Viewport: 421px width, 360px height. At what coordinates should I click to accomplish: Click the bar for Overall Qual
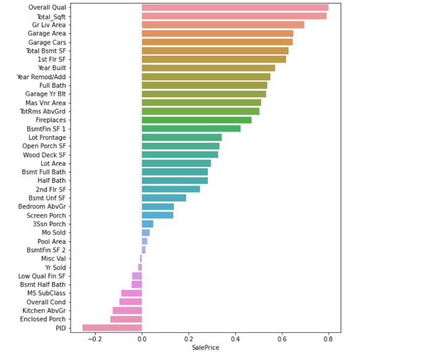click(x=235, y=7)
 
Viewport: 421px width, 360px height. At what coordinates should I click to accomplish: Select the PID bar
click(x=112, y=328)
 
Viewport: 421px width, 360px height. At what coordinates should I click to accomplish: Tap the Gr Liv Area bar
click(x=223, y=25)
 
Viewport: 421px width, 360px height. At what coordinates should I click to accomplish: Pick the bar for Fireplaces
click(x=196, y=120)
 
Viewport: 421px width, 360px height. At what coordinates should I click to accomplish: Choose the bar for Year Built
click(x=208, y=68)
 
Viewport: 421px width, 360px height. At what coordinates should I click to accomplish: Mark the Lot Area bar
click(x=176, y=163)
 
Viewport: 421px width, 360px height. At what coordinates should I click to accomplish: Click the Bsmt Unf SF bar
click(x=163, y=198)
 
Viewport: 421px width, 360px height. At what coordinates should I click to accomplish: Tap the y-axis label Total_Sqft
click(x=51, y=16)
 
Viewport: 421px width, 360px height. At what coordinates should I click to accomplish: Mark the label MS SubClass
click(x=46, y=293)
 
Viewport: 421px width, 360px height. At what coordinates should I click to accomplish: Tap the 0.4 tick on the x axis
click(x=235, y=338)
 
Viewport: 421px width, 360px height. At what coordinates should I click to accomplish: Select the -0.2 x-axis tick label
click(x=95, y=338)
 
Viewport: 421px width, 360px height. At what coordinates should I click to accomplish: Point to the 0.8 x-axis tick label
click(x=328, y=338)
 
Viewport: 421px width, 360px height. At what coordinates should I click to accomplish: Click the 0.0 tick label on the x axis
click(x=142, y=338)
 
